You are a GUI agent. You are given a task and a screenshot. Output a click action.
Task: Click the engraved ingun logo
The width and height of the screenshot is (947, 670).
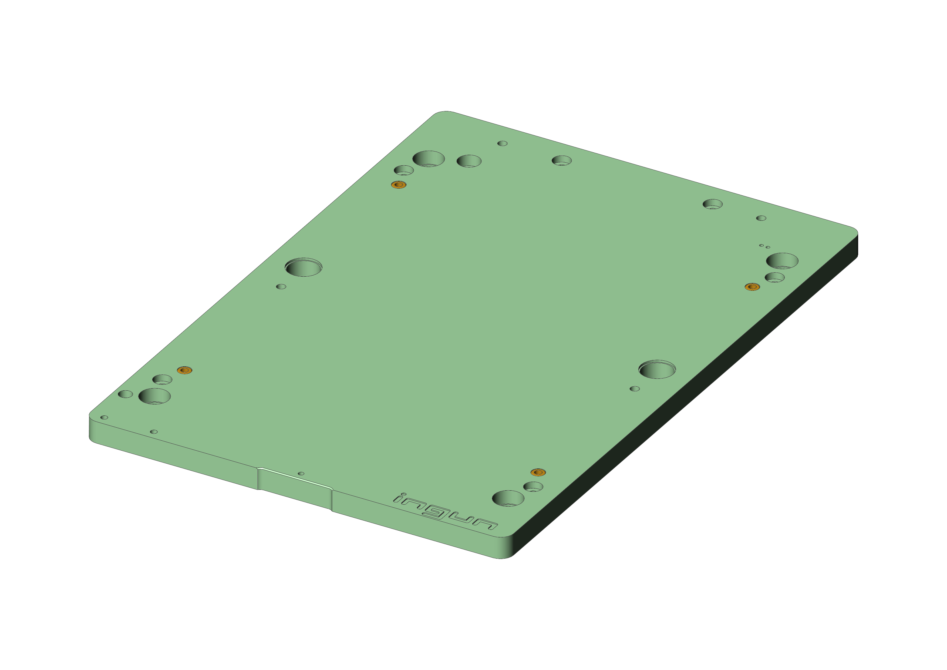[x=446, y=512]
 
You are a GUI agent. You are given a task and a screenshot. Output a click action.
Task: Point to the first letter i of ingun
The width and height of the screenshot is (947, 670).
[x=400, y=498]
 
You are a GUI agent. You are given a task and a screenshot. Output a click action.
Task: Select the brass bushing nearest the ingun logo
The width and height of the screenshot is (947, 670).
[x=538, y=472]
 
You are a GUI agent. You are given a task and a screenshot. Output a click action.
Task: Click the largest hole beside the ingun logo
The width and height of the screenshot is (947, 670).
[x=508, y=498]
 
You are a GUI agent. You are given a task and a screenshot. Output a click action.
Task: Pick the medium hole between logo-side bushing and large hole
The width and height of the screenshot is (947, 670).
[x=533, y=486]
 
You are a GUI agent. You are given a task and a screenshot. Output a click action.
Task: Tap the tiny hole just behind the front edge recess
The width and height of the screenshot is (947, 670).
[x=301, y=474]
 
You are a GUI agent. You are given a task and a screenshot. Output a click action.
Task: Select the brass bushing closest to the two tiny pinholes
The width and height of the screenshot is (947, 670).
[x=752, y=287]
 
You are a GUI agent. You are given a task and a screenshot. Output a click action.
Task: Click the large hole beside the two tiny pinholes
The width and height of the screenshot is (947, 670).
[x=782, y=261]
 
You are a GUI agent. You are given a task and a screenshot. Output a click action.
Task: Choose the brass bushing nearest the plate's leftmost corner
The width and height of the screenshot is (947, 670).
[x=185, y=370]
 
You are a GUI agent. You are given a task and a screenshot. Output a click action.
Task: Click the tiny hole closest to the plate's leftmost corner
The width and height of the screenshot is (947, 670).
[x=104, y=417]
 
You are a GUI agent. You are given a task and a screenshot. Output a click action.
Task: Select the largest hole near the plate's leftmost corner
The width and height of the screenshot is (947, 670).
[x=154, y=396]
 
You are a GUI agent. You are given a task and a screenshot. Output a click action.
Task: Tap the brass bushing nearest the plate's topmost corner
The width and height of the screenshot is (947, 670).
[x=399, y=185]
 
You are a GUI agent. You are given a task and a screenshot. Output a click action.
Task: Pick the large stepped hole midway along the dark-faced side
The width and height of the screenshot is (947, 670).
[x=657, y=369]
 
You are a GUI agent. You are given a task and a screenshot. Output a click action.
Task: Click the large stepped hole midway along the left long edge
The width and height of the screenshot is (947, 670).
[x=304, y=267]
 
